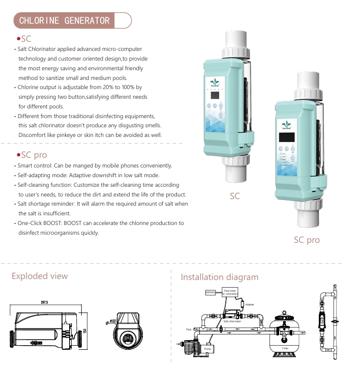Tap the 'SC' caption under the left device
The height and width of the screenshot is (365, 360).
coord(234,196)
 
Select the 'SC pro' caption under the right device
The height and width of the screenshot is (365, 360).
coord(307,239)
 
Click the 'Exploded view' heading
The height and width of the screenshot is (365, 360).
coord(40,276)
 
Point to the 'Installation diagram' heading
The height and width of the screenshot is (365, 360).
coord(220,277)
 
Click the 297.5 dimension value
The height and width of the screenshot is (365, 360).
coord(44,303)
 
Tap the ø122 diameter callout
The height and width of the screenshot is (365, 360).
coord(113,321)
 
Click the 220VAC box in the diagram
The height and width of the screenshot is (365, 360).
coord(210,292)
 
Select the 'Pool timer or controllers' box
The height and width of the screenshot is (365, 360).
coord(230,292)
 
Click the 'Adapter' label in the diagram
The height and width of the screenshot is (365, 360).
coord(250,304)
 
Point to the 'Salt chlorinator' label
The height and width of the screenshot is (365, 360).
coord(232,321)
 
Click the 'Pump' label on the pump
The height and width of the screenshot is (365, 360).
coord(207,349)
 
